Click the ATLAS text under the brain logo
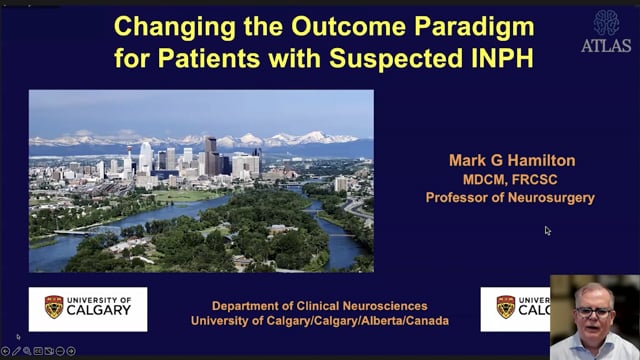click(x=606, y=45)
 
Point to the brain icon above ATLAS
click(x=606, y=22)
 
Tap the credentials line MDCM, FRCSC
click(x=509, y=179)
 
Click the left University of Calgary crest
click(x=53, y=308)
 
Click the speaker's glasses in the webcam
click(x=595, y=312)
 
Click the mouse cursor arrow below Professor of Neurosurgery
click(x=548, y=231)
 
